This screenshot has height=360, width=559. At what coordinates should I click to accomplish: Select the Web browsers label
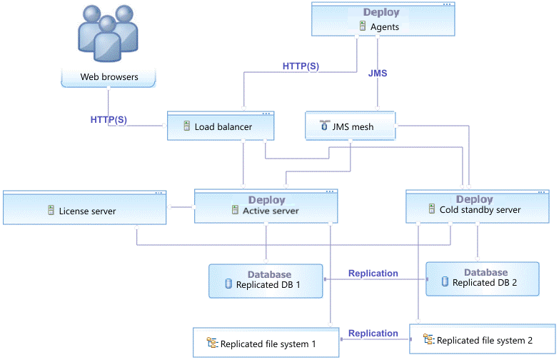[109, 77]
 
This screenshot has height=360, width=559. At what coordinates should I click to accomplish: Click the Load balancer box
[220, 127]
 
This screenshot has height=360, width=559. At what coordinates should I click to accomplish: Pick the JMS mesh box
[351, 127]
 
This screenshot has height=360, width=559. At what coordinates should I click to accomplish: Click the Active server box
[266, 207]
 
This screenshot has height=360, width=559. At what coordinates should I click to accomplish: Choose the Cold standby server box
[477, 207]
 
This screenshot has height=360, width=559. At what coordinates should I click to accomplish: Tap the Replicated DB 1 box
[266, 281]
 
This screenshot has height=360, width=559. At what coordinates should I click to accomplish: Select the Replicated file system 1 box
[266, 344]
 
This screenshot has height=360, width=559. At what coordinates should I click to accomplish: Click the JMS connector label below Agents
[378, 74]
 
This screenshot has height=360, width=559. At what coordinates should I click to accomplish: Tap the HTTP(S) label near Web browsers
[109, 120]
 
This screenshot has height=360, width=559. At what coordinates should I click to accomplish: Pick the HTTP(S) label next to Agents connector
[301, 66]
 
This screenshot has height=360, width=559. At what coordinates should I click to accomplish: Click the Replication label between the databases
[373, 274]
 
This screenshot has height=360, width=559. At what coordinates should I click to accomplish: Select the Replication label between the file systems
[373, 334]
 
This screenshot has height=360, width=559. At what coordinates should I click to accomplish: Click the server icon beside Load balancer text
[186, 127]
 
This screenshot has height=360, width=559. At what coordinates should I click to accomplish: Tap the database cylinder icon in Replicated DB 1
[229, 284]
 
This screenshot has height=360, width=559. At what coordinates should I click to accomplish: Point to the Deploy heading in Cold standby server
[475, 199]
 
